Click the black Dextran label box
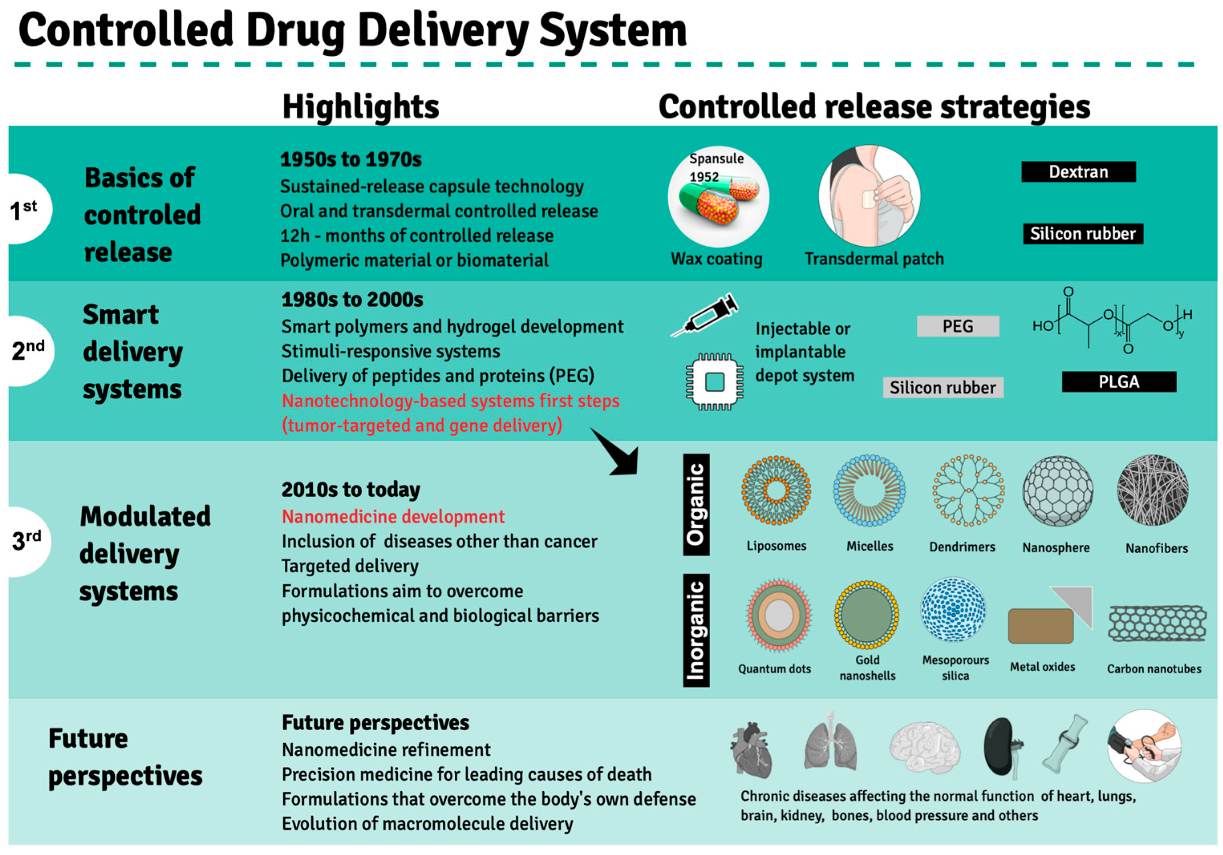(x=1078, y=172)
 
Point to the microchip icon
(x=714, y=382)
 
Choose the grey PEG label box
(x=958, y=326)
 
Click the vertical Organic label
(x=696, y=504)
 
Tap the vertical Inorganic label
(x=696, y=631)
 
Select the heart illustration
(x=751, y=749)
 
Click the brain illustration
(x=925, y=748)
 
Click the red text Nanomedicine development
(x=393, y=516)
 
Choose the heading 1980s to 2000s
(x=352, y=300)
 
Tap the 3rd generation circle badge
(x=26, y=541)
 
